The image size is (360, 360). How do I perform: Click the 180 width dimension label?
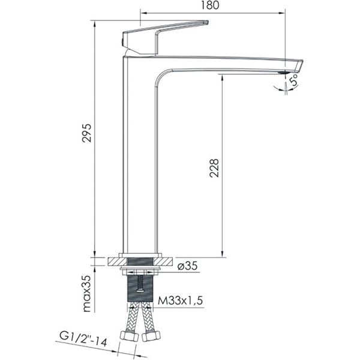210,5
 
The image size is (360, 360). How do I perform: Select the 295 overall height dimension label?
87,133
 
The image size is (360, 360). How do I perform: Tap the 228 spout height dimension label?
214,168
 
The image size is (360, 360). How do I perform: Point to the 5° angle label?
294,79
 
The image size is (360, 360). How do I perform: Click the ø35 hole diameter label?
188,266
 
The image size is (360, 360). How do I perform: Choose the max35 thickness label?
87,294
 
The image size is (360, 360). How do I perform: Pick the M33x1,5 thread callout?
180,301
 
